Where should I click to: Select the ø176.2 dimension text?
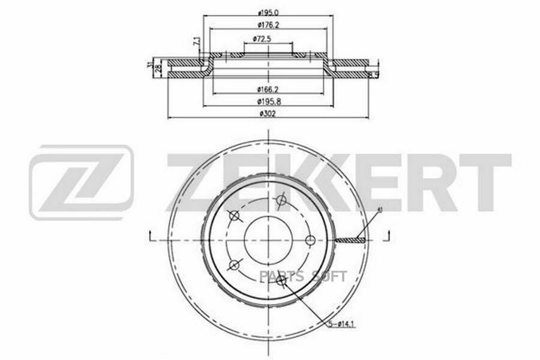point(266,25)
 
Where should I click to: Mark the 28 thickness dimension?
point(159,68)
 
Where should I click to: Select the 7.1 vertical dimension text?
point(196,42)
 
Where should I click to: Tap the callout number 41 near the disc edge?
point(379,209)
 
